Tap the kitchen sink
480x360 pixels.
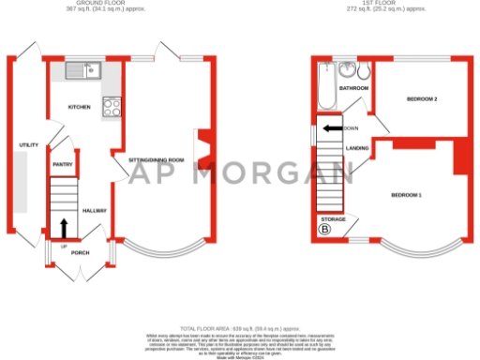(x=81, y=69)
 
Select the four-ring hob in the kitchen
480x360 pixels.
(x=112, y=107)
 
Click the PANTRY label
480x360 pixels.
(x=62, y=164)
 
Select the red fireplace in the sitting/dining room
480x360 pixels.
(x=199, y=148)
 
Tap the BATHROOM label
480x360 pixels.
(x=353, y=88)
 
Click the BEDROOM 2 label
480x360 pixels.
(x=423, y=98)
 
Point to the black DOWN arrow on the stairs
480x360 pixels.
(x=332, y=128)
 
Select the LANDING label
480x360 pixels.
(x=356, y=148)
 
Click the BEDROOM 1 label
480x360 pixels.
(x=407, y=194)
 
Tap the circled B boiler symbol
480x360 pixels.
(x=325, y=229)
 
